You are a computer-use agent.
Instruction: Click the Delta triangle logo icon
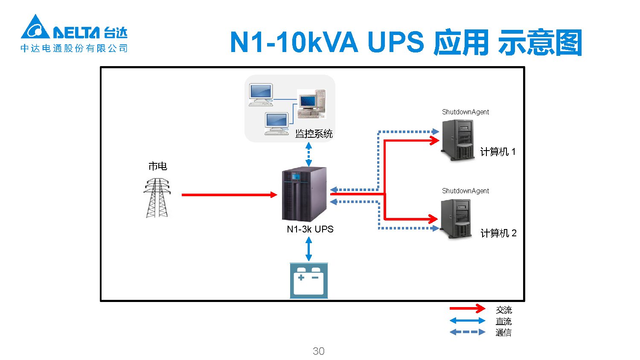point(35,28)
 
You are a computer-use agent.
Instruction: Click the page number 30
point(319,351)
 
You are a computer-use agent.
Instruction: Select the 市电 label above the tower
point(157,166)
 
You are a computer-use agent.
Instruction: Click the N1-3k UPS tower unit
point(304,194)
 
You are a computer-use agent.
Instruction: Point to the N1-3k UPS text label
point(310,229)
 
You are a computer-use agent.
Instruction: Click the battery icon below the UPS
point(309,281)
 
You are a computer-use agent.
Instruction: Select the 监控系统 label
point(314,134)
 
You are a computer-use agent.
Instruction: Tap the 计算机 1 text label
point(497,152)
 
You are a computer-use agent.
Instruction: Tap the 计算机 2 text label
point(498,233)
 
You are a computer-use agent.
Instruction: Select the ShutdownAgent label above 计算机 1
point(465,112)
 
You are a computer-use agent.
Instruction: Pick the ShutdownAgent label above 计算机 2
point(465,191)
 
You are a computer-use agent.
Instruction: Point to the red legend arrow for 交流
point(467,308)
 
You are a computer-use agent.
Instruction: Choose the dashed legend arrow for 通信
point(467,332)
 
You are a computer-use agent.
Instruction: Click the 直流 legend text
point(503,321)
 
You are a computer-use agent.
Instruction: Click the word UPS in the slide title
point(396,42)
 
